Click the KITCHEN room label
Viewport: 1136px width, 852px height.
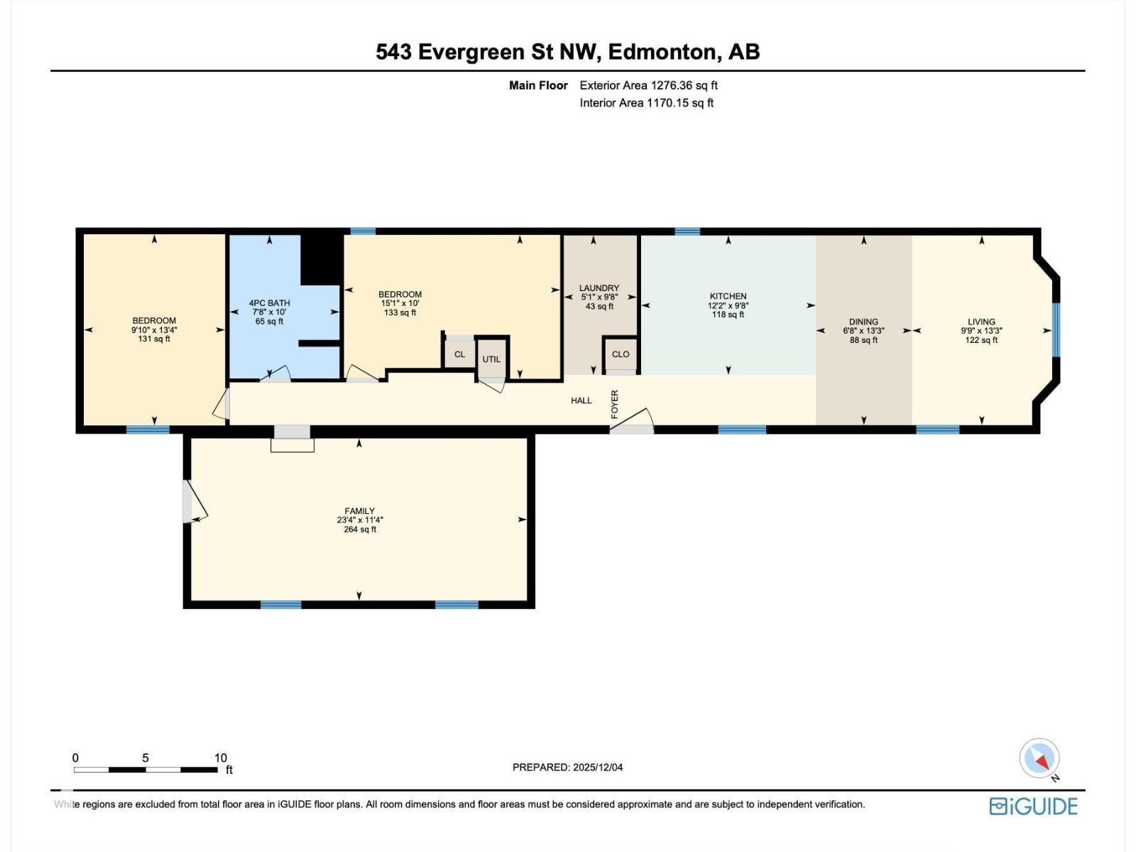click(x=728, y=296)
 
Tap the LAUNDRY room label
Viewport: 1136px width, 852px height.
click(x=599, y=288)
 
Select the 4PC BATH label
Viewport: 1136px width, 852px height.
click(x=269, y=303)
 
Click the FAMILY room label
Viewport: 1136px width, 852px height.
click(x=359, y=510)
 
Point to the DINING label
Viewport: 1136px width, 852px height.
click(x=863, y=322)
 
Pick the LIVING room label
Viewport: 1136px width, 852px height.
click(x=981, y=322)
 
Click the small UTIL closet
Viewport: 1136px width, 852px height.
click(x=491, y=359)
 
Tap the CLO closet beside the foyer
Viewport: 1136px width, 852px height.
click(x=620, y=354)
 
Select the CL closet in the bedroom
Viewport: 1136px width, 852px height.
click(x=459, y=354)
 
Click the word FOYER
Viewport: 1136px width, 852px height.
click(x=615, y=403)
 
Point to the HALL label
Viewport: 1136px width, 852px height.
click(x=581, y=400)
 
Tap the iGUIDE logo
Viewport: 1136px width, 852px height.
click(x=1033, y=806)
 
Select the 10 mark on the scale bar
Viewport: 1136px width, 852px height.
click(x=220, y=758)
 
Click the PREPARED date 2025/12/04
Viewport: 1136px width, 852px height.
click(x=567, y=767)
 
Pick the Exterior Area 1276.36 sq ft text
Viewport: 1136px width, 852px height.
click(x=648, y=85)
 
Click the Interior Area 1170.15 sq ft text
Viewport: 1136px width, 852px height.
click(x=646, y=103)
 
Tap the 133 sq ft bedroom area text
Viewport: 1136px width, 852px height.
click(x=400, y=312)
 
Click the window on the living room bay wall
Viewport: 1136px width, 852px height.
click(x=1056, y=329)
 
